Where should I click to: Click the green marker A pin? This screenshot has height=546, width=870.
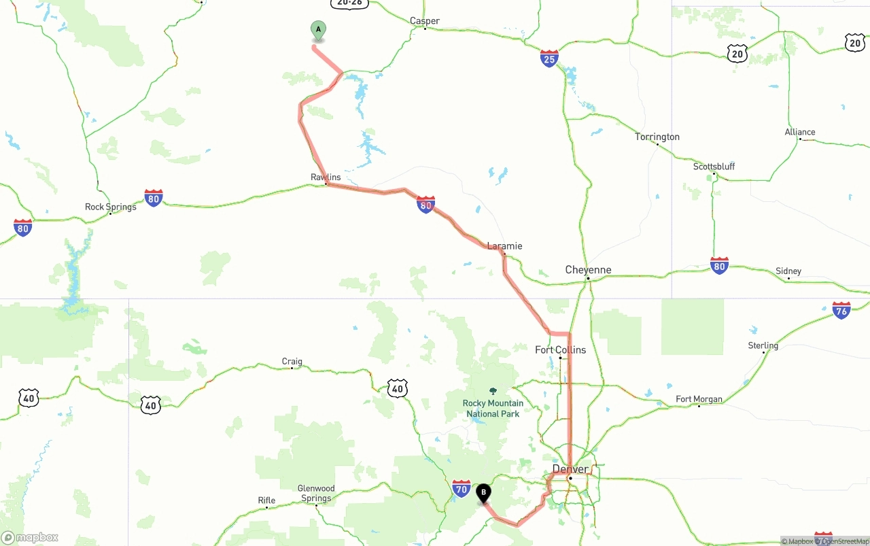point(318,31)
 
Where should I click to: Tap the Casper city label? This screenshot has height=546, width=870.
point(425,21)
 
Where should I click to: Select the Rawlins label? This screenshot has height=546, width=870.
point(326,177)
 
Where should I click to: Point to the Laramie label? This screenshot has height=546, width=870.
point(504,245)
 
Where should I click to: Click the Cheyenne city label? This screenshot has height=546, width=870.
point(588,270)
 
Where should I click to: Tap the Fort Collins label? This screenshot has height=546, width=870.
point(560,349)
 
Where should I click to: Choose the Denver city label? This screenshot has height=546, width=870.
point(570,469)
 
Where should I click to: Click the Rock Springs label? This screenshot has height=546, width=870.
point(110,207)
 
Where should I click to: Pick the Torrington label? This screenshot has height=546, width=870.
point(657,137)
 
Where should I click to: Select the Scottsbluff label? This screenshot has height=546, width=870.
point(714,167)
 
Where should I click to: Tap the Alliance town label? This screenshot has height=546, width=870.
point(800,132)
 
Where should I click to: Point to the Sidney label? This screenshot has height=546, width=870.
point(788,271)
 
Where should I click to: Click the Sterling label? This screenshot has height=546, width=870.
point(763,345)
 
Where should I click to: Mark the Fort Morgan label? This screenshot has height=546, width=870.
point(699,399)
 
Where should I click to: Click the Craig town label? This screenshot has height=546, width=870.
point(292,362)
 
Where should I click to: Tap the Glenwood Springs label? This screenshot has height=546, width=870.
point(316,493)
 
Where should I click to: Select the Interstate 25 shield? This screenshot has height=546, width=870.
point(549,58)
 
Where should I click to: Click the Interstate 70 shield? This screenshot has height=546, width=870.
point(462,488)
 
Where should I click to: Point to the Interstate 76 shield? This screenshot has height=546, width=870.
point(841,311)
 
